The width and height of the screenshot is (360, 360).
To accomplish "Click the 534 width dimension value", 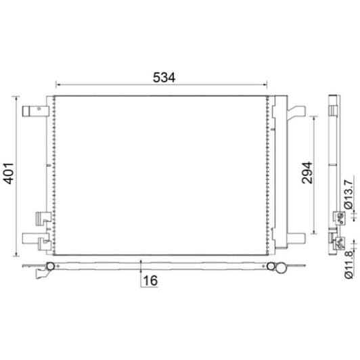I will click(163, 77).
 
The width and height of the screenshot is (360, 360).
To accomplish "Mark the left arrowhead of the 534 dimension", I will click(57, 85).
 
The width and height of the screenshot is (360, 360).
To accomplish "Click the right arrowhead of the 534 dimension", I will click(267, 85).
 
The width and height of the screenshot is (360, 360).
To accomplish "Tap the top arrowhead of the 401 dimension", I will click(16, 98).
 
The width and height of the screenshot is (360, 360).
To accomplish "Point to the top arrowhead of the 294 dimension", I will click(314, 117).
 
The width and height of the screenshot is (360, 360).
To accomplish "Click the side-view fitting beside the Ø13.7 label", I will click(337, 217).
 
